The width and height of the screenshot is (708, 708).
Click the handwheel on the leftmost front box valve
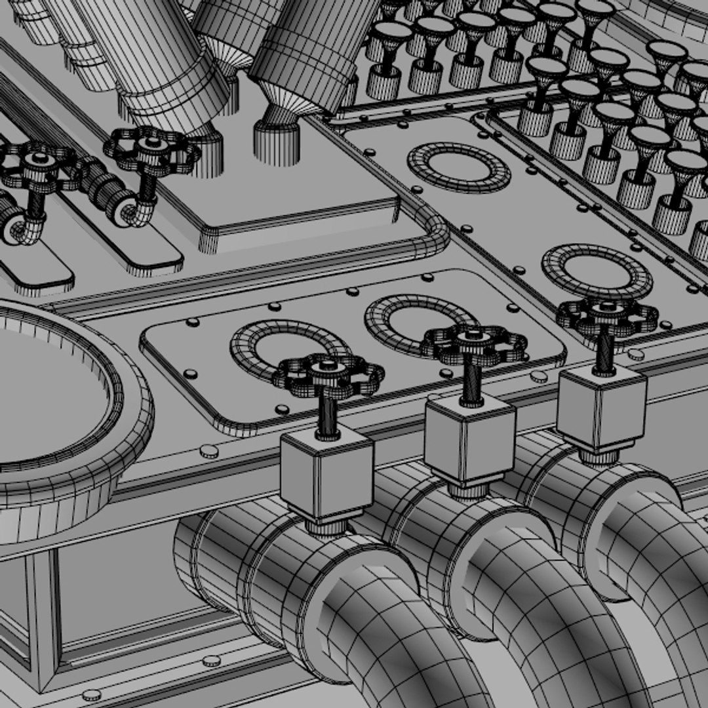tap(328, 375)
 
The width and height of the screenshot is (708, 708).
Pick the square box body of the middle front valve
tap(469, 437)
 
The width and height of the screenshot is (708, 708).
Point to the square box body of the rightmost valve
tap(601, 407)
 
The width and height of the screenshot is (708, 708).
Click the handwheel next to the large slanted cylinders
tap(151, 150)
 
